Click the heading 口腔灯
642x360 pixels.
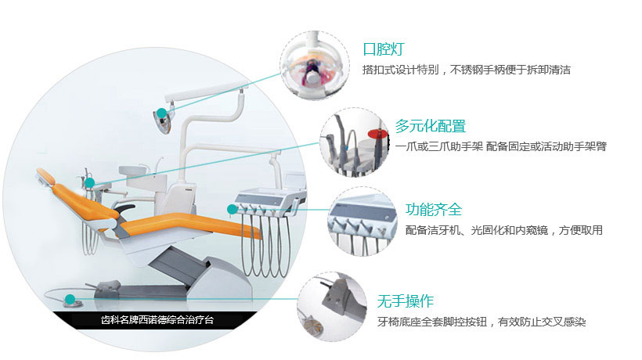[384, 49]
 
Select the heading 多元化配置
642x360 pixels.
[431, 126]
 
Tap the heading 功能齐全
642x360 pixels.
[434, 210]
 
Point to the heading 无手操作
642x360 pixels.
[406, 301]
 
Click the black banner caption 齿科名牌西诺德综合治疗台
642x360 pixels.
[157, 320]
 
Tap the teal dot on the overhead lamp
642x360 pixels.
[162, 113]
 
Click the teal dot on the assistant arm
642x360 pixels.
[90, 182]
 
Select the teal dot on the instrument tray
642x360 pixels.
[233, 210]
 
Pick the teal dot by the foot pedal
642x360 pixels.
[70, 300]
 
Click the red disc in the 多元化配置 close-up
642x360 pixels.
[377, 134]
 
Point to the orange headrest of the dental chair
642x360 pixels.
[46, 176]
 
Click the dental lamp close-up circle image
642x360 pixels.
[315, 66]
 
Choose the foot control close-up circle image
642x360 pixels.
[332, 307]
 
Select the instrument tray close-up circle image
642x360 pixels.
[362, 222]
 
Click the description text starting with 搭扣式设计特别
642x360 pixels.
[467, 70]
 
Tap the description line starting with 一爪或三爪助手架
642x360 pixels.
[501, 146]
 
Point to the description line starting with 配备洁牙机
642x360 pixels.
[504, 230]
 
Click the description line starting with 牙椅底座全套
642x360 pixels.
[481, 322]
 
